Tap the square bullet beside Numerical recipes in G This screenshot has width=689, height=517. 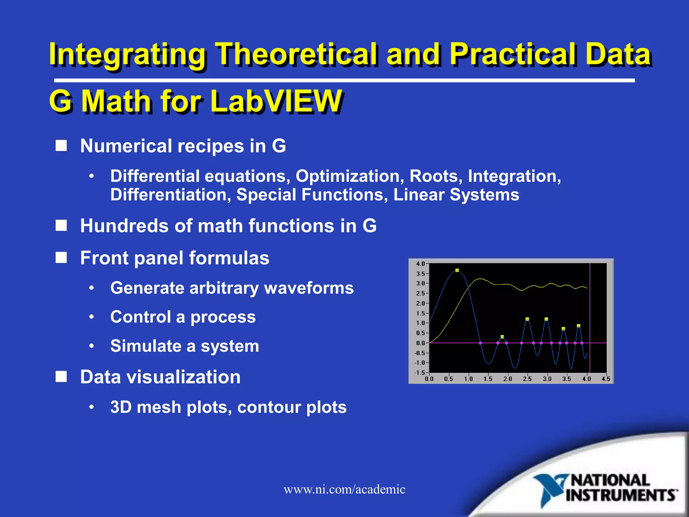coord(61,146)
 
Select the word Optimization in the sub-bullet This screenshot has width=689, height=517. coord(350,176)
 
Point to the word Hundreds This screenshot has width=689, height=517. coord(124,226)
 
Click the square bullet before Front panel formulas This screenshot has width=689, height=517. coord(61,258)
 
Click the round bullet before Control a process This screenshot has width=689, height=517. coord(92,317)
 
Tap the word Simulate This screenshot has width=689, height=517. coord(148,346)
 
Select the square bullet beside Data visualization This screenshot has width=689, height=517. coord(61,377)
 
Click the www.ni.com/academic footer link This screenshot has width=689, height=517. coord(344,489)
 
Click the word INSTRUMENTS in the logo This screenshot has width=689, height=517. coord(621,495)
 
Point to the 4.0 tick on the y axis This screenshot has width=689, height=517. coord(421,264)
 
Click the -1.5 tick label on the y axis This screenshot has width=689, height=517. coord(420,373)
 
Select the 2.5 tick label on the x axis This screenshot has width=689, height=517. coord(527,379)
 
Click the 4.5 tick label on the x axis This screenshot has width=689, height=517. coord(606,379)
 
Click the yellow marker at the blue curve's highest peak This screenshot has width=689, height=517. coord(457,270)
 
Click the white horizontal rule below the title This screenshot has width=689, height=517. coord(344,80)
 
